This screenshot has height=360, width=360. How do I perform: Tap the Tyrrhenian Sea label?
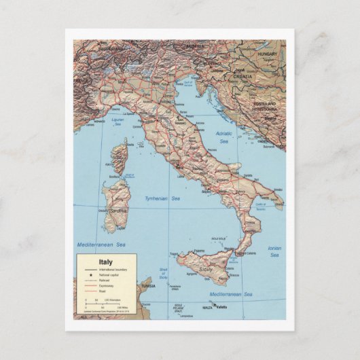162,198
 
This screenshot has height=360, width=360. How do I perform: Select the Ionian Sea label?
274,251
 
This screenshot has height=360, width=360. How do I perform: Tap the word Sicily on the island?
205,270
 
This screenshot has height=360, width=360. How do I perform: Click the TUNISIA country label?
148,286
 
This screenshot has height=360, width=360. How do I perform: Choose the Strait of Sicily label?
163,274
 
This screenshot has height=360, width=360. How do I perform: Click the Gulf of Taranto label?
260,204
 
